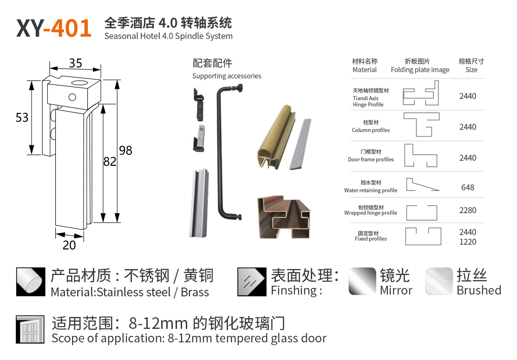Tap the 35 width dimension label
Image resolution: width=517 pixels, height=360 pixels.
tap(76, 63)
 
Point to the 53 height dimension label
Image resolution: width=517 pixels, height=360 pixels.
tap(22, 118)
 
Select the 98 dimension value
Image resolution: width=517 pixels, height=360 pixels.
tap(125, 151)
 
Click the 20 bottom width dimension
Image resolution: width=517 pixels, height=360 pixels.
tap(69, 245)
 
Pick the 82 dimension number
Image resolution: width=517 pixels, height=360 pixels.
tap(110, 162)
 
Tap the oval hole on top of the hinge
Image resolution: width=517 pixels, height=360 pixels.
tap(79, 82)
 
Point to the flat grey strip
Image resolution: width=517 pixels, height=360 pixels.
tap(301, 144)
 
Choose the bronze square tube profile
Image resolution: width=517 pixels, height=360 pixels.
tap(283, 217)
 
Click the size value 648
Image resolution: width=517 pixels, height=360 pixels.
tap(468, 188)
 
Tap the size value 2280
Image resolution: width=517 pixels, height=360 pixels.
tap(468, 210)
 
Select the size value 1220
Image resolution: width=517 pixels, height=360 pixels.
tap(468, 242)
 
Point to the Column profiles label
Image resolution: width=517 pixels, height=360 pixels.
tap(371, 130)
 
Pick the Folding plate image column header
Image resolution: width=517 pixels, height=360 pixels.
tap(420, 70)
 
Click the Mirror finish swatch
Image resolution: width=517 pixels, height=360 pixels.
tap(362, 281)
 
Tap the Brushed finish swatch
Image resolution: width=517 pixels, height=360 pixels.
tap(439, 281)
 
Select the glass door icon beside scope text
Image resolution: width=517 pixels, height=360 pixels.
tap(30, 330)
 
